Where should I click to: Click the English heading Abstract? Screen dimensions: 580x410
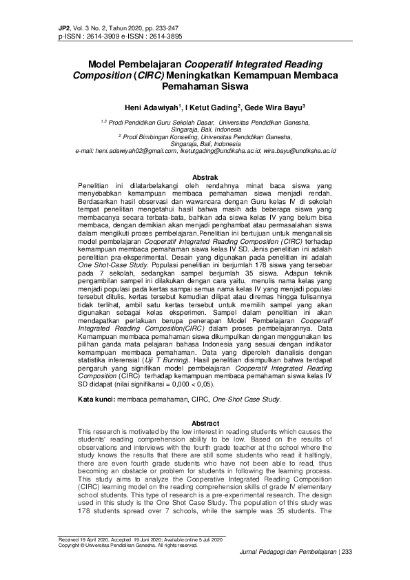pyautogui.click(x=205, y=422)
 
